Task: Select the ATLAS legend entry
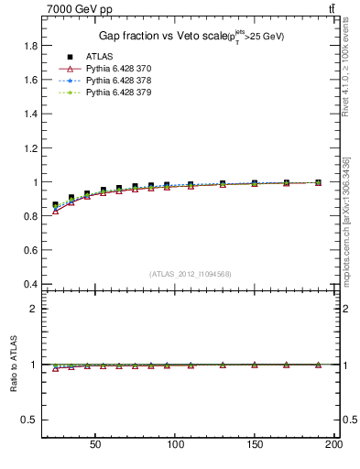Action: click(x=99, y=57)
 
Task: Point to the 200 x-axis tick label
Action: click(x=333, y=443)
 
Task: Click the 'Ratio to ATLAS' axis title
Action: click(x=12, y=364)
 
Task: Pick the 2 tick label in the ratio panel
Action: click(x=33, y=309)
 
